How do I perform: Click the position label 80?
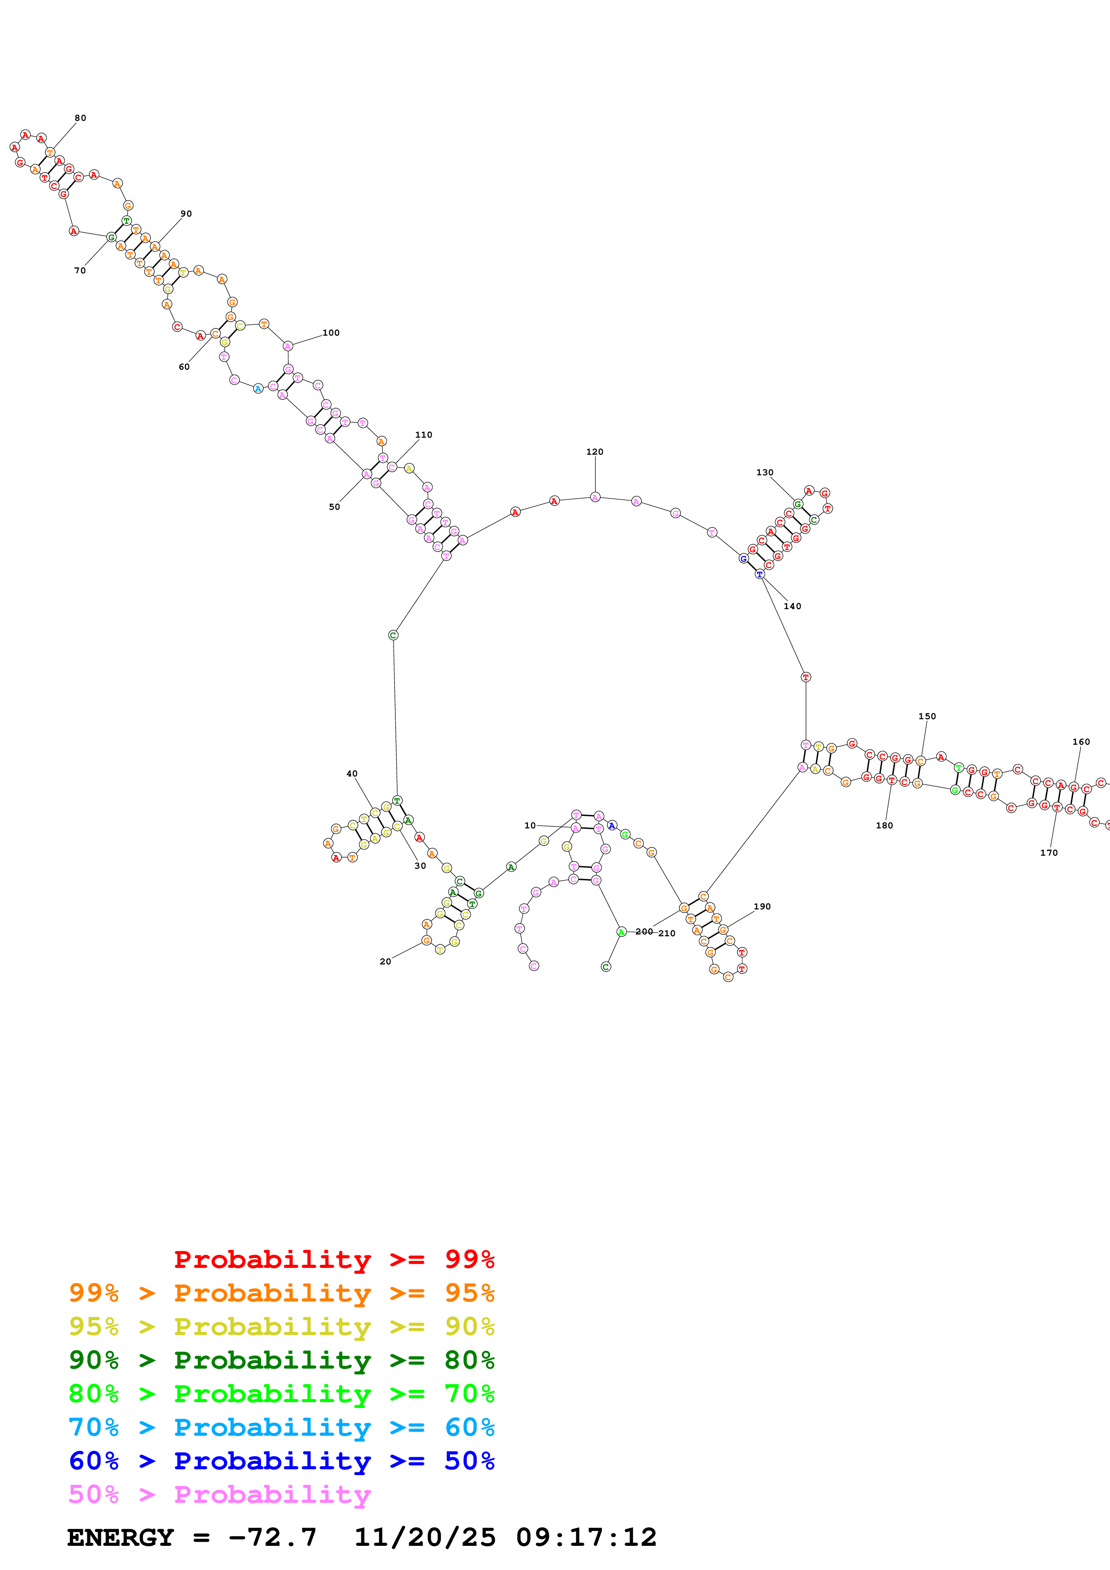80,118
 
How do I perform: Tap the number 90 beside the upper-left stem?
186,213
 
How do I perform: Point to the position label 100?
331,333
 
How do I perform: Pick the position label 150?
927,716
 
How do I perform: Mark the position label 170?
1049,852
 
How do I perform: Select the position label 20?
385,961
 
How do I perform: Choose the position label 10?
530,825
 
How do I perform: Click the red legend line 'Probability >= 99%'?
334,1259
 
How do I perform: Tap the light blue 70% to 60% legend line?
282,1427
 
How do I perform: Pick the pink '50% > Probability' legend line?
219,1494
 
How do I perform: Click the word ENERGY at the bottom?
120,1537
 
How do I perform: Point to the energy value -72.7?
272,1537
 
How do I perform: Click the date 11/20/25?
425,1537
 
